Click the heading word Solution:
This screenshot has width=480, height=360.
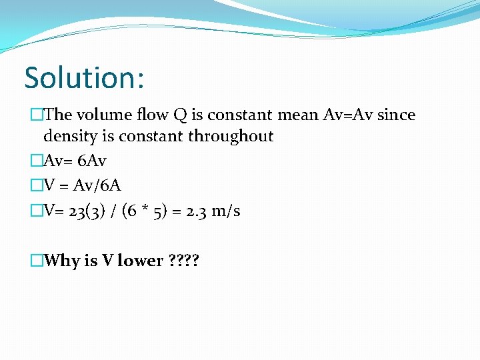point(84,78)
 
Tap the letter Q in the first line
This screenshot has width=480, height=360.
point(180,115)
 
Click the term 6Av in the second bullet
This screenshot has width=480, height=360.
point(92,161)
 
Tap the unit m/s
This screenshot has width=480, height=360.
point(226,211)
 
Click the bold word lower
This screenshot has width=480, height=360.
point(141,261)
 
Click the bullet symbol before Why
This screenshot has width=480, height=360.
point(37,261)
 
